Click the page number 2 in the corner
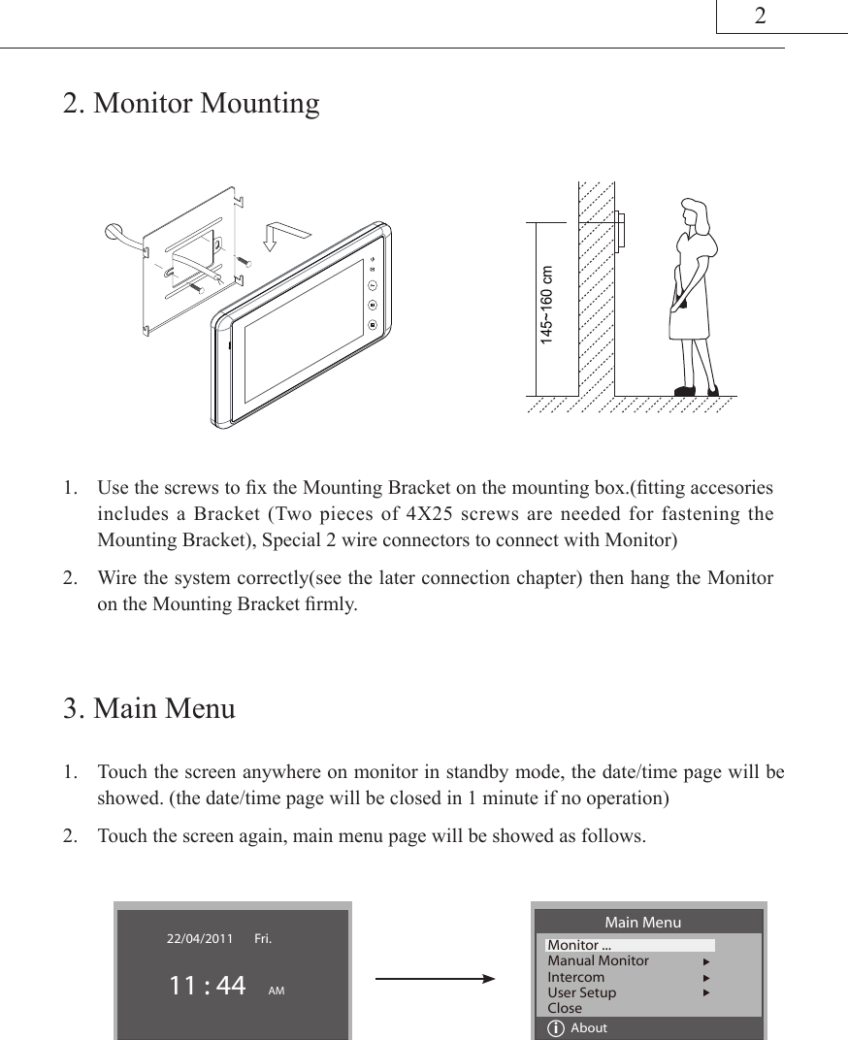coord(761,16)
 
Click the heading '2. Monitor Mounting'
coord(191,103)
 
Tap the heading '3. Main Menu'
coord(149,708)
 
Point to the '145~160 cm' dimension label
coord(549,307)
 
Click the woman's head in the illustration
coord(696,212)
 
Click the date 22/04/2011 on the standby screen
coord(200,938)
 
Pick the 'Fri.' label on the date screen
coord(263,938)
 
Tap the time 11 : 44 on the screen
coord(207,986)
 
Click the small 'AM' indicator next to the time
coord(276,991)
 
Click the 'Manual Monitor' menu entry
coord(599,960)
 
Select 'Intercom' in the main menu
coord(576,977)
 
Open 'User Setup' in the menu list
coord(582,992)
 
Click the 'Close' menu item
coord(566,1008)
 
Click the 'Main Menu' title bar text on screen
coord(642,922)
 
